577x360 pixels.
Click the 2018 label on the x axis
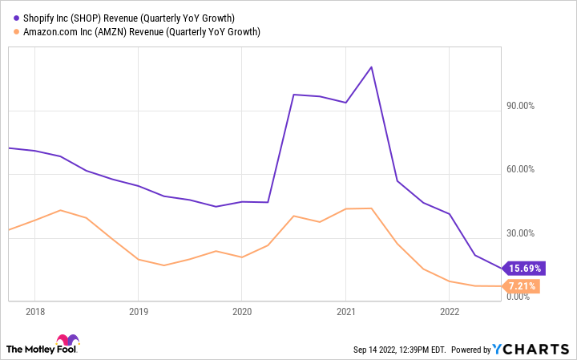click(x=34, y=311)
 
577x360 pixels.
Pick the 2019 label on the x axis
click(x=138, y=311)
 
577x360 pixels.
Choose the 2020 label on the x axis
click(x=242, y=311)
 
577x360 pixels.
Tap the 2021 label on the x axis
click(x=345, y=311)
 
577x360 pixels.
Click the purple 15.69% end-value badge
click(x=523, y=268)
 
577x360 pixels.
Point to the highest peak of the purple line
click(x=371, y=67)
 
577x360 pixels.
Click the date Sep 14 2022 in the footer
click(x=377, y=350)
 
